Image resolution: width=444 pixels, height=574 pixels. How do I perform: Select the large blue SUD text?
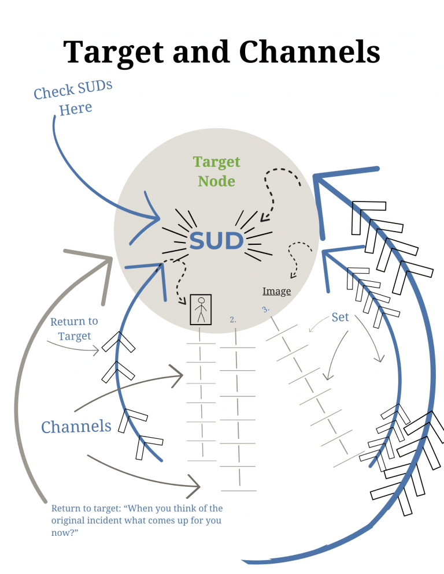(216, 241)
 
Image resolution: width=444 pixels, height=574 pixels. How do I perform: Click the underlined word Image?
(276, 292)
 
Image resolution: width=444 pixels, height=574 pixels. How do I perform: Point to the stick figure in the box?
(201, 310)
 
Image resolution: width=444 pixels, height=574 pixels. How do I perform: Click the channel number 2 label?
(233, 319)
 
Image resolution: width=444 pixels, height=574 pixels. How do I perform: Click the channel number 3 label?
(266, 310)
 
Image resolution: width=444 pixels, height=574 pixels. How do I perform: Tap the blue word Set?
(340, 317)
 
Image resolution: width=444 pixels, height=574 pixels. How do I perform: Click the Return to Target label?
(74, 329)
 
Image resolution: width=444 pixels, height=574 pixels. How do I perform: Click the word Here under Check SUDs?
(76, 109)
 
